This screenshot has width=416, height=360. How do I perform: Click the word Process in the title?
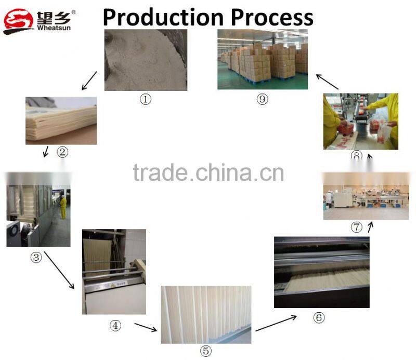tap(272, 17)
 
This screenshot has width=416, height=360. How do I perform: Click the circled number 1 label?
tap(145, 99)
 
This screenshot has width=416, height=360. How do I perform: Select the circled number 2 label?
tap(62, 152)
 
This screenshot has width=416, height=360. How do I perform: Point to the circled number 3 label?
tap(36, 258)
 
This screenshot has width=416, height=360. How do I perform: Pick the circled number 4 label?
tap(114, 326)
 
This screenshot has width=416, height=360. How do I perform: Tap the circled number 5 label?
tap(206, 351)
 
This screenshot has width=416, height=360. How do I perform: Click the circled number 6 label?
tap(319, 317)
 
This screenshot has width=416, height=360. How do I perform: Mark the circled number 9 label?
tap(262, 99)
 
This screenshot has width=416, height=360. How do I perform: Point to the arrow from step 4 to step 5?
tap(145, 327)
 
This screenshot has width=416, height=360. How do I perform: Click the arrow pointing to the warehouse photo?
tap(328, 82)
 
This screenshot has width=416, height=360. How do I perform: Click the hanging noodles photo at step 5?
tap(206, 314)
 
